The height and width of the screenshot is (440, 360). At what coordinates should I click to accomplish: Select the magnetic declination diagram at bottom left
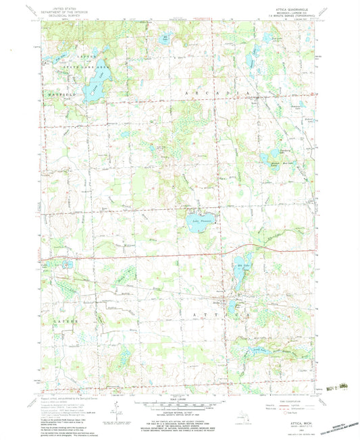[115, 409]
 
